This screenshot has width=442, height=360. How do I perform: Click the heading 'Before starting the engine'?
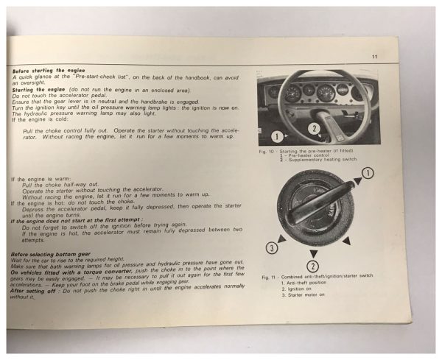(x=43, y=71)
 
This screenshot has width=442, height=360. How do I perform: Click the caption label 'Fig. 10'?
(x=269, y=150)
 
